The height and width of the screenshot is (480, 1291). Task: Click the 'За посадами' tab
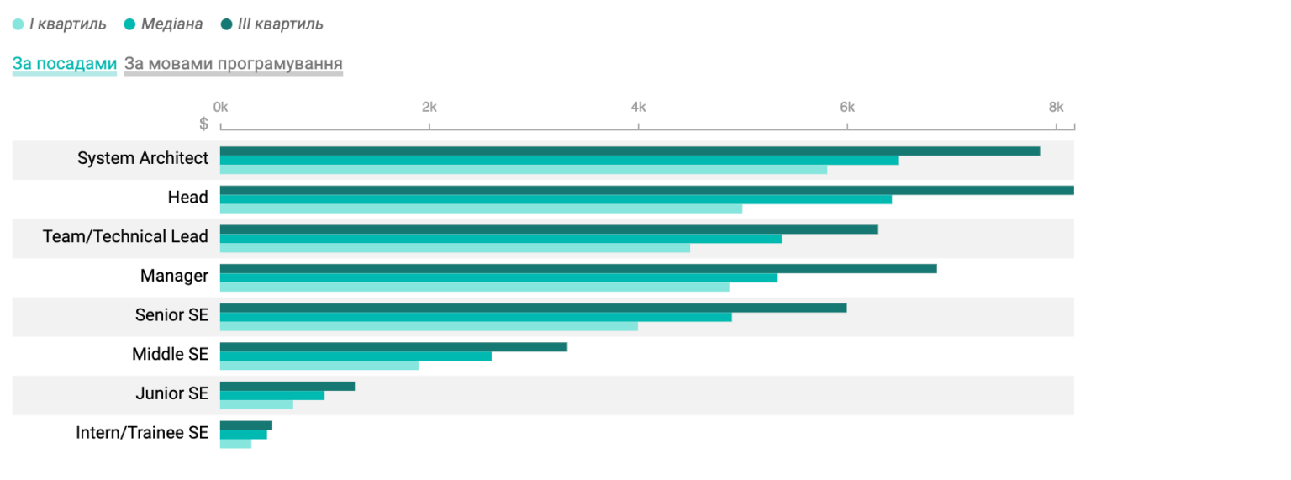point(64,64)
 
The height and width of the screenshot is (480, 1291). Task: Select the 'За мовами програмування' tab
point(233,64)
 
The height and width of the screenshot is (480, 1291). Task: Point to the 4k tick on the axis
point(638,108)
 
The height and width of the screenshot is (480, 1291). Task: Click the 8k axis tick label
point(1056,108)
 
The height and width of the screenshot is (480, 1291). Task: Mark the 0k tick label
point(220,108)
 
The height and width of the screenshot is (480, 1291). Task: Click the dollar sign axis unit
point(204,124)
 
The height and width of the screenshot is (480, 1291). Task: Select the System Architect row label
point(143,158)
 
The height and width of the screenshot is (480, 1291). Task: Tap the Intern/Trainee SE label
point(142,433)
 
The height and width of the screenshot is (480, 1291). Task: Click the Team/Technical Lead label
point(125,237)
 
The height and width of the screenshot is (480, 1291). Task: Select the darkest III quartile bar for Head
point(646,190)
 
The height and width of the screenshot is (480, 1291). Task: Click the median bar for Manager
point(498,277)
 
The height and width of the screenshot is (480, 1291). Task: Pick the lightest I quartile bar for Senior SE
point(429,326)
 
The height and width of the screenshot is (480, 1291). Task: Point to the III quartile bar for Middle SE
point(393,347)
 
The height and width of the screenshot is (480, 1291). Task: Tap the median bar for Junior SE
point(271,395)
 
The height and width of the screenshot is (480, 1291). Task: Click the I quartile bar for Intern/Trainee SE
point(235,444)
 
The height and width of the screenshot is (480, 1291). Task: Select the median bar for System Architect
point(559,160)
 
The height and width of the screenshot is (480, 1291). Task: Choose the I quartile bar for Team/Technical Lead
point(455,248)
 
